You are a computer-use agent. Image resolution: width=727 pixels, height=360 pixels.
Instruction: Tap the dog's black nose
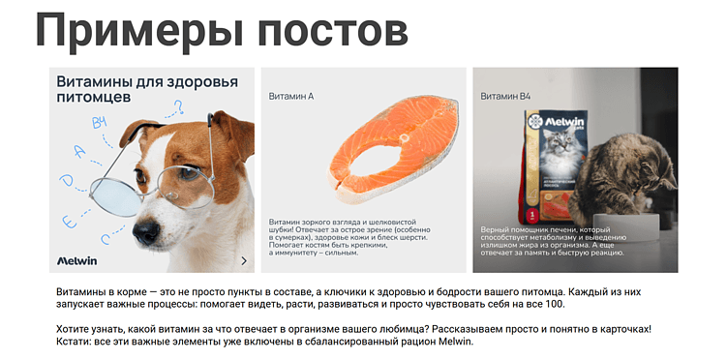click(146, 233)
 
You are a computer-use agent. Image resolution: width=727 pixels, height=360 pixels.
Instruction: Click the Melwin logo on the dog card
click(78, 260)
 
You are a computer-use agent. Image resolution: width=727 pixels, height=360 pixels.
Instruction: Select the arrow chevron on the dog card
click(244, 261)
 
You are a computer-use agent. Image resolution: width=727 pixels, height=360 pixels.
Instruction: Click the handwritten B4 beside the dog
click(99, 123)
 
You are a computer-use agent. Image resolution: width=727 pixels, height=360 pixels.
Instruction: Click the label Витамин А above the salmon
click(291, 97)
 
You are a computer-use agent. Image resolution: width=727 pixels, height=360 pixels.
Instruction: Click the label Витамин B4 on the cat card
click(505, 97)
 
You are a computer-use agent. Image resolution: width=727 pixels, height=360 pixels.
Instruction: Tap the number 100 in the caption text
click(554, 305)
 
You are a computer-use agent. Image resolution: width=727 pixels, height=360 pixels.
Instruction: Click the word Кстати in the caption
click(75, 342)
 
